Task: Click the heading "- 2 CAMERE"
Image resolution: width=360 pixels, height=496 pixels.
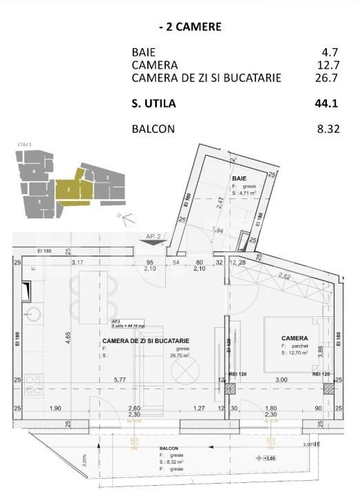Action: pos(190,28)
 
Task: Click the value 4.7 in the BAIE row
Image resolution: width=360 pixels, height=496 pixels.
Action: pos(331,52)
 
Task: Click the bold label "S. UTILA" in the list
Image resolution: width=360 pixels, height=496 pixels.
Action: pos(153,104)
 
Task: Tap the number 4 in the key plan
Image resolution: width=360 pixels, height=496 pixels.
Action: pos(34,170)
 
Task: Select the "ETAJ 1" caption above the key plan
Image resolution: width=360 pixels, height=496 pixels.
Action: pos(25,145)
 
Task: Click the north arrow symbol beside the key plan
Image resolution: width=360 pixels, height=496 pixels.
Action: pos(124,218)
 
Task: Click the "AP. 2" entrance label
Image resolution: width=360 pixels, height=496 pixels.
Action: pos(153,236)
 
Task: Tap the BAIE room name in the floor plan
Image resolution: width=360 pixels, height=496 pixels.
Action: pos(239,179)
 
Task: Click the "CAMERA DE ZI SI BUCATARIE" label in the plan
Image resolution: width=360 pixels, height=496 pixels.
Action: pos(146,341)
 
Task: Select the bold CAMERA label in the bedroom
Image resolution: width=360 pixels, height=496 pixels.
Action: pos(294,338)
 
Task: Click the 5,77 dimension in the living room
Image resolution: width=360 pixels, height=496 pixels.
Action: pos(120,379)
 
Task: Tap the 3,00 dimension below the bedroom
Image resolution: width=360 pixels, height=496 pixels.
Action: pos(282,379)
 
